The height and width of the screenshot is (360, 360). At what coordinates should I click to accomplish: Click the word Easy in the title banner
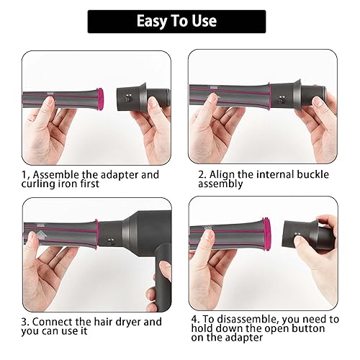click(x=153, y=22)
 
